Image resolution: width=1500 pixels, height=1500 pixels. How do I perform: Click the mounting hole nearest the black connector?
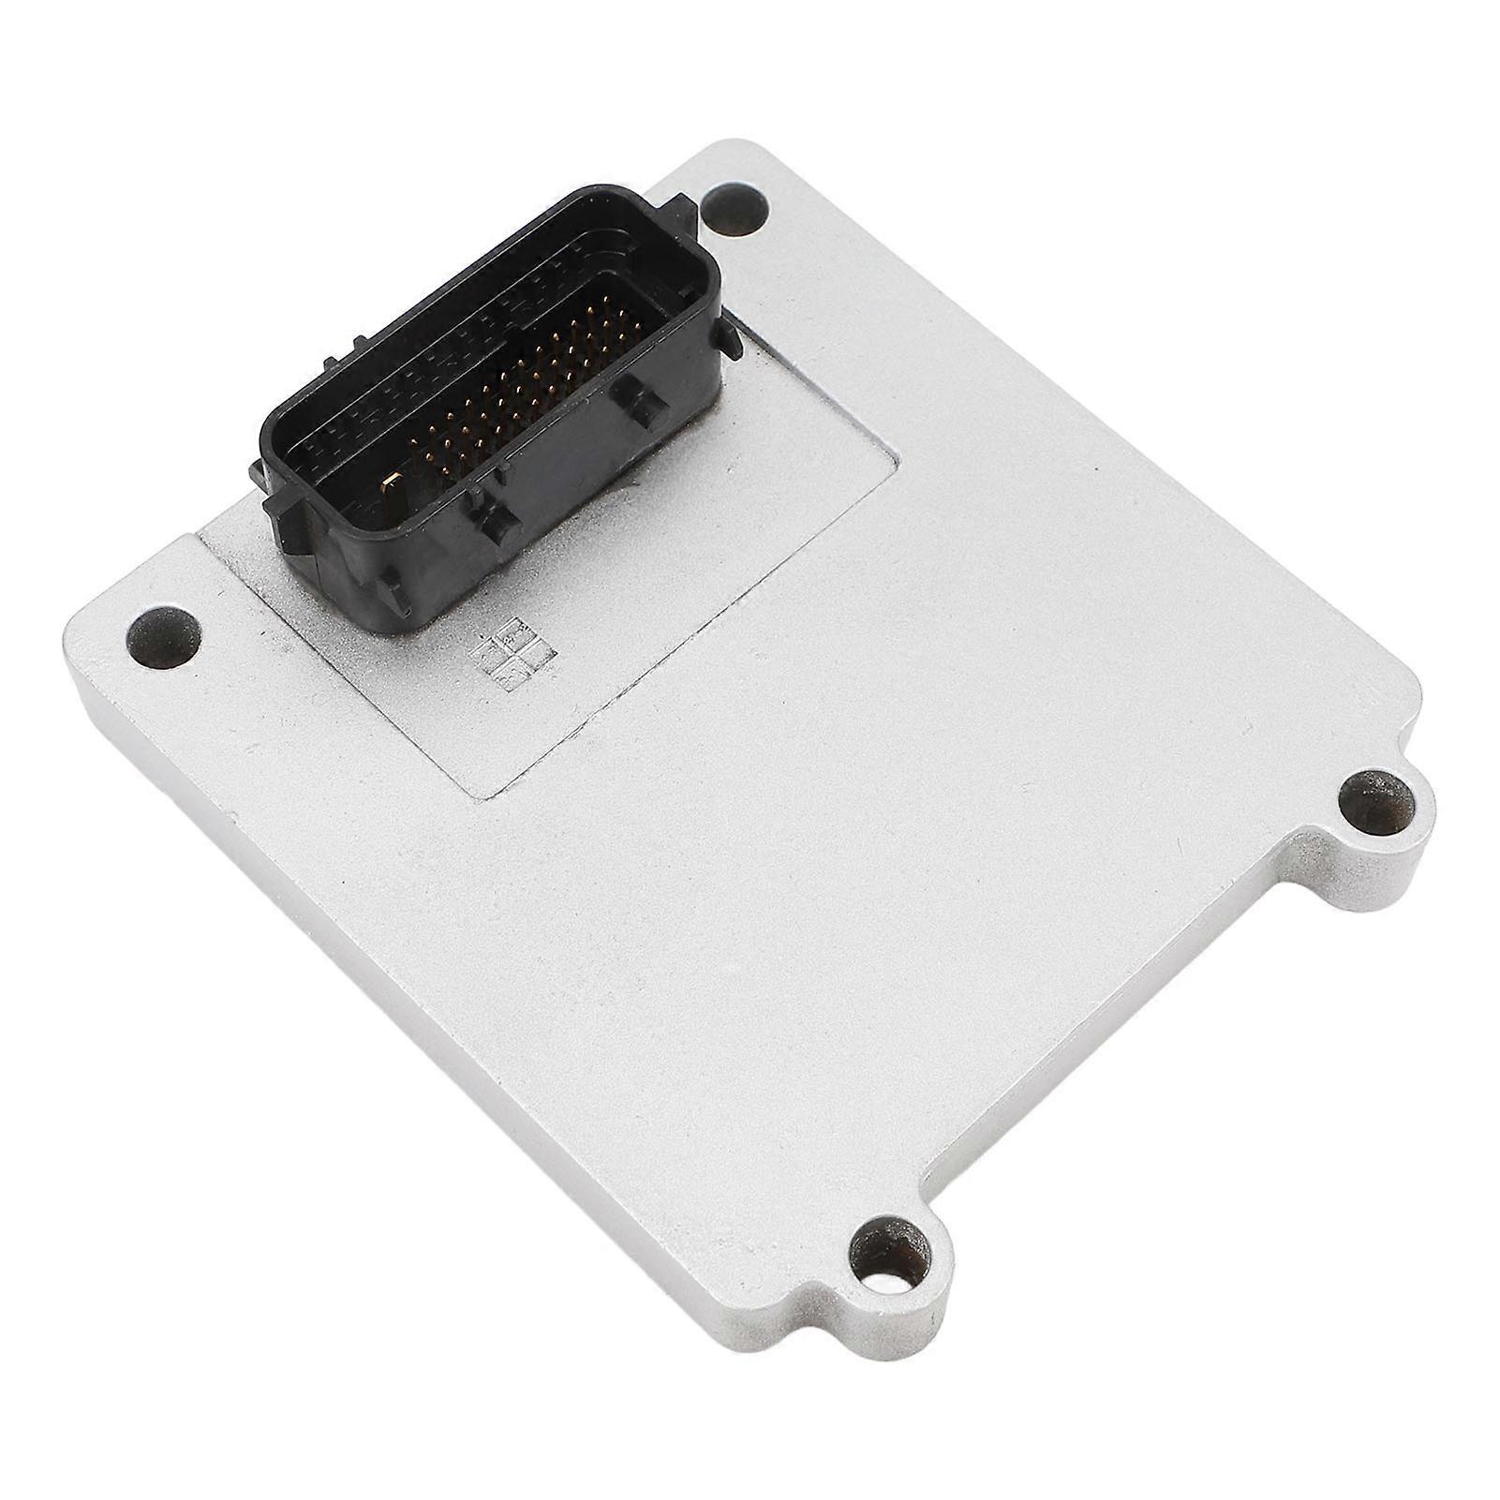click(736, 207)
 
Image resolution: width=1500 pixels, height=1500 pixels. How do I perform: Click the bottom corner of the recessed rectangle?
click(481, 795)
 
